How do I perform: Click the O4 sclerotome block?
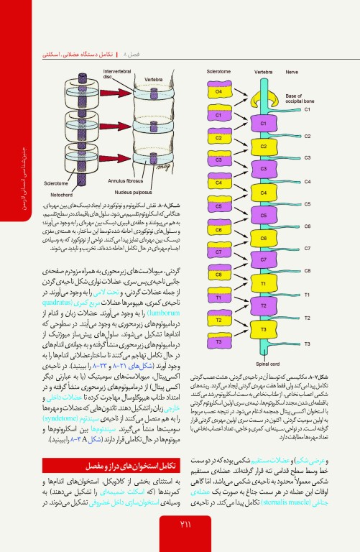click(218, 92)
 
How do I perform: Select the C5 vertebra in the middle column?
click(264, 216)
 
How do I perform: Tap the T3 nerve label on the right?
click(307, 344)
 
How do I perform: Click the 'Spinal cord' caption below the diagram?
click(258, 364)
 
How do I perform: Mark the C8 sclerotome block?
click(218, 275)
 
